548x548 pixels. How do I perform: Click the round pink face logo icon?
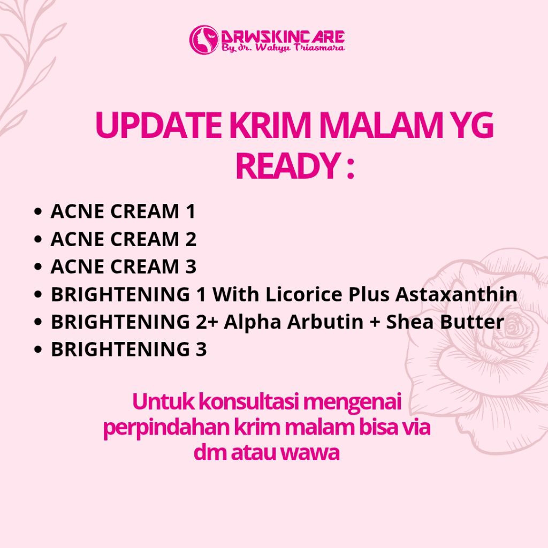(x=204, y=40)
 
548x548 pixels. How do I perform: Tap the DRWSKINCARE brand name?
(x=283, y=37)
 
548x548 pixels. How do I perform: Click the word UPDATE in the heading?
(x=158, y=125)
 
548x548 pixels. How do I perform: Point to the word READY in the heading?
(x=287, y=166)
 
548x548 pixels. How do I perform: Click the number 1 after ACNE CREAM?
(x=191, y=211)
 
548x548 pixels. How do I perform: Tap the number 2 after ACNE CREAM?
(x=191, y=239)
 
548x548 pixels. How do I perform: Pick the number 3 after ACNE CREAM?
(x=191, y=267)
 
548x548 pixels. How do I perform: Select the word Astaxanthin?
(x=456, y=294)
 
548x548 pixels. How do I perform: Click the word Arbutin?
(x=325, y=322)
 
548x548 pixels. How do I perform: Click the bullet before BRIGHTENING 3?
(x=38, y=349)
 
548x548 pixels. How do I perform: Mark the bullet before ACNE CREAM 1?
(x=38, y=212)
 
